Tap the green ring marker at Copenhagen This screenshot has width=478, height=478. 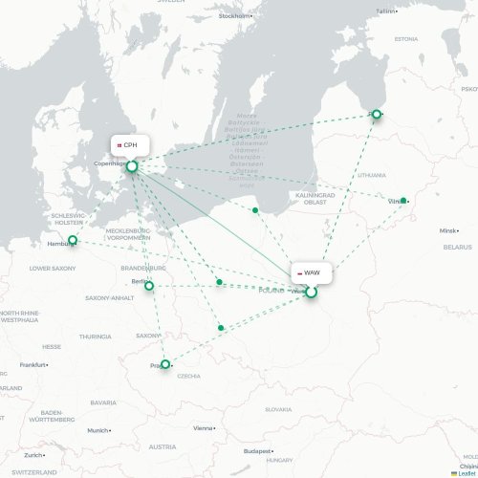(x=132, y=167)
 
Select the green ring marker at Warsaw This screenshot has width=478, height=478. (x=311, y=293)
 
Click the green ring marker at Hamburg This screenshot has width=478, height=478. (x=73, y=240)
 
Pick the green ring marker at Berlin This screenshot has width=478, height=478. (x=149, y=285)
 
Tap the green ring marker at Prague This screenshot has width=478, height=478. (x=165, y=364)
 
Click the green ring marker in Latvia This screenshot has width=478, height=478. (x=377, y=115)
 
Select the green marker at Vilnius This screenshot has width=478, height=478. (x=403, y=201)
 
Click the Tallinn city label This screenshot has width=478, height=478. (x=383, y=11)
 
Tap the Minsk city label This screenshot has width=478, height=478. (x=448, y=231)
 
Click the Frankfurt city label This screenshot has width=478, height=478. (x=33, y=364)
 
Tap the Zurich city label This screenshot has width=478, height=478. (x=33, y=455)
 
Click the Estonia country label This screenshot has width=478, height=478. (x=406, y=39)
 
